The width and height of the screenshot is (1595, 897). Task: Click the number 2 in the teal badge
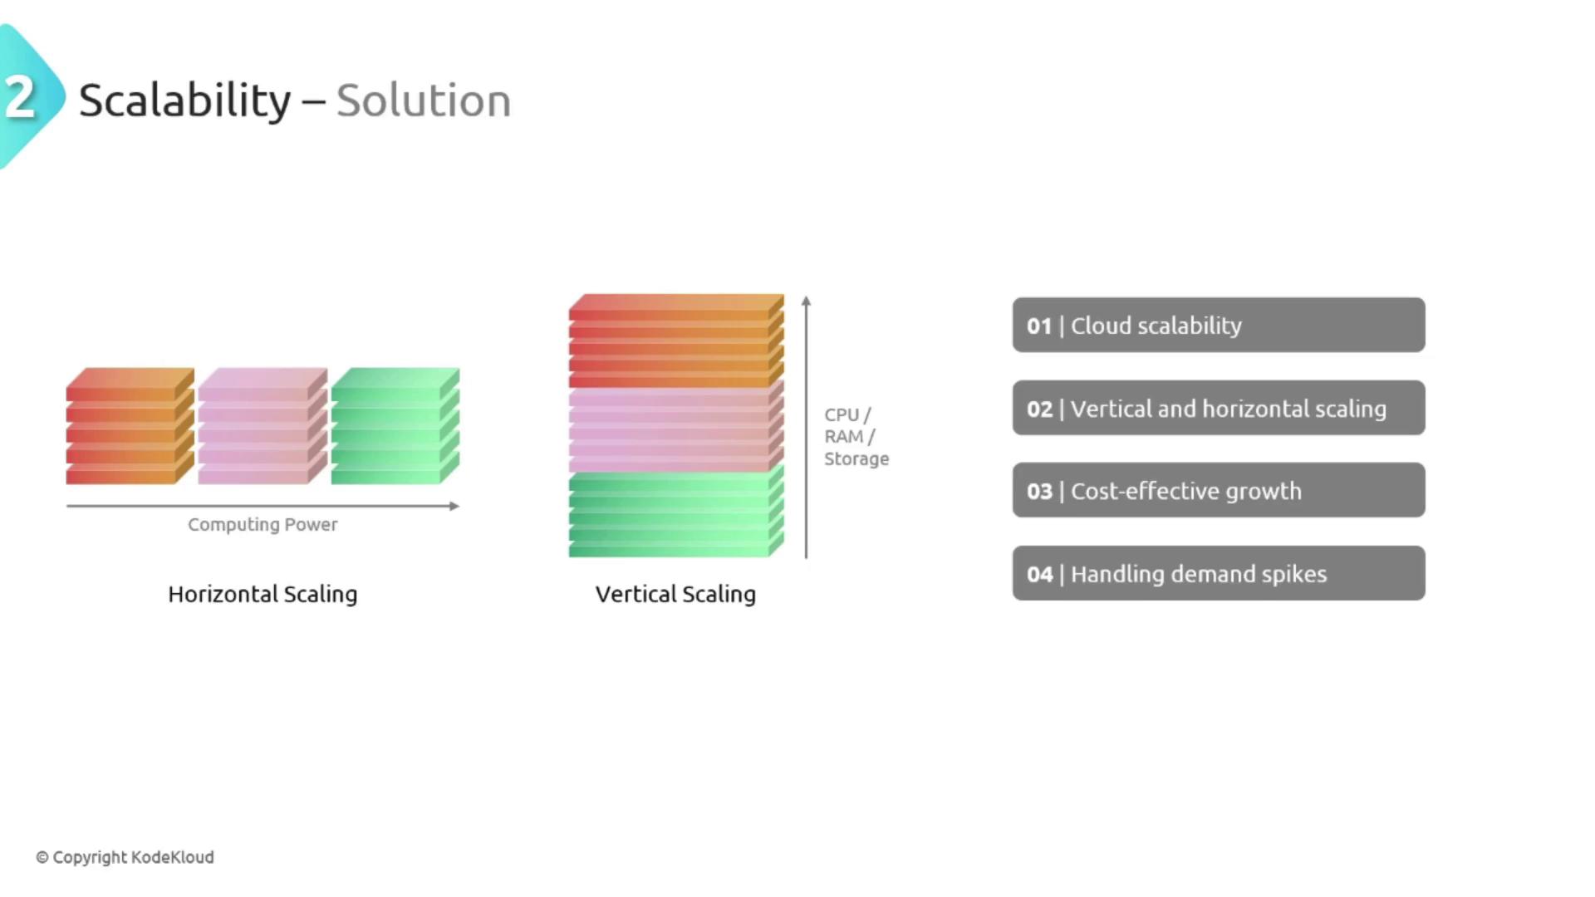pos(20,97)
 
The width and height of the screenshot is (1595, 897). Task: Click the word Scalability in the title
pos(184,101)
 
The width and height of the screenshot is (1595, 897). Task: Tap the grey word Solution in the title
pos(424,100)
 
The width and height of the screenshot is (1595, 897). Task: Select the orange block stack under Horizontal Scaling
pos(130,426)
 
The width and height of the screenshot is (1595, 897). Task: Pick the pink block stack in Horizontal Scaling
pos(263,426)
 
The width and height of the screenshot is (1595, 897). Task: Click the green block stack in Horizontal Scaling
pos(395,426)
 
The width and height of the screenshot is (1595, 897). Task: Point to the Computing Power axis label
pos(263,525)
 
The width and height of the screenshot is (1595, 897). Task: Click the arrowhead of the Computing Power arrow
pos(454,506)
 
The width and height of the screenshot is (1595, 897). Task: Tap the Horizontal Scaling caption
pos(263,595)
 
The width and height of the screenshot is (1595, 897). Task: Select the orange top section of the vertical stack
pos(676,341)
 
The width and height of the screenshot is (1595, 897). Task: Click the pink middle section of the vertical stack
pos(676,428)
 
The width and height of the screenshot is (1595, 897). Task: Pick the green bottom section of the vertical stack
pos(676,512)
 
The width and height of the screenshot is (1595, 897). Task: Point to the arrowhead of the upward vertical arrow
pos(806,301)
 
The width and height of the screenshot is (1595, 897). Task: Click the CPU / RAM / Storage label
pos(856,437)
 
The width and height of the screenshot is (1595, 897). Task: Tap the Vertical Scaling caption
pos(675,595)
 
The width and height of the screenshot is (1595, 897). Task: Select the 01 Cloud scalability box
pos(1219,325)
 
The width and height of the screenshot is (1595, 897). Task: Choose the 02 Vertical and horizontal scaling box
pos(1219,408)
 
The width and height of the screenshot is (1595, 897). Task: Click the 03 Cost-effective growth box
pos(1219,490)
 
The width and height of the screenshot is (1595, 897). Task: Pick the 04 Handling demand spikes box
pos(1219,573)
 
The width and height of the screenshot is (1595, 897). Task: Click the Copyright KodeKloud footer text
pos(125,857)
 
